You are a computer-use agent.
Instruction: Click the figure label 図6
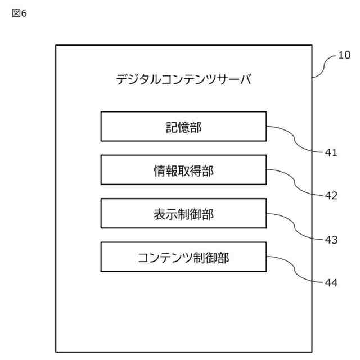[19, 13]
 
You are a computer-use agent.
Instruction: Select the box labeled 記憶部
[183, 126]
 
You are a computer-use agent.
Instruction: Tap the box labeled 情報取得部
[183, 170]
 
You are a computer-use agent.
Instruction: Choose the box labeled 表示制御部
[183, 213]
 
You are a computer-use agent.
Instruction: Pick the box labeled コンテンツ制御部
[183, 257]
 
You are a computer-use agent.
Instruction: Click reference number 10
[344, 55]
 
